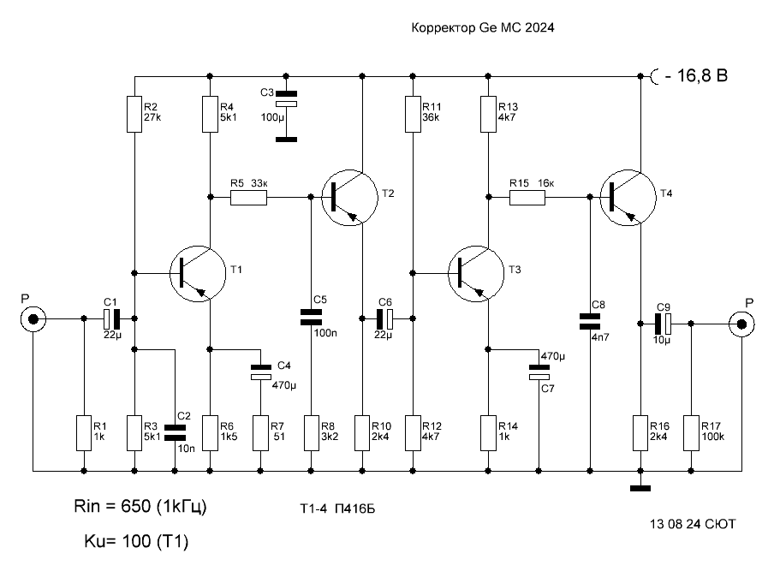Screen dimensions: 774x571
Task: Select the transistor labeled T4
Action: (x=628, y=198)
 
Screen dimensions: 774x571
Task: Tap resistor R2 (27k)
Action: (x=134, y=115)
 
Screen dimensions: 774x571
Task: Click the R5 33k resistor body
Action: (x=249, y=198)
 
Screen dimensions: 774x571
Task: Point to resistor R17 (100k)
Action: (x=691, y=433)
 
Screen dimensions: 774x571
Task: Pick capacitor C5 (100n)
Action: (x=311, y=318)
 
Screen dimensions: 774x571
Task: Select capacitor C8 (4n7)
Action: (x=589, y=321)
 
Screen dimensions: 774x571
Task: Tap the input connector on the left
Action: (x=33, y=319)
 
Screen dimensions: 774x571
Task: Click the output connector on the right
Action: (x=741, y=324)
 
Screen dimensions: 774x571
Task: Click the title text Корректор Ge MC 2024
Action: (x=482, y=27)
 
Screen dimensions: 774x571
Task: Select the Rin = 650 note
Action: (x=140, y=506)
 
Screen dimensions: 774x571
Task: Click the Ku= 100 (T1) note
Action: (x=136, y=541)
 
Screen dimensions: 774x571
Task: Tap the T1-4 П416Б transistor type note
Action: (x=337, y=509)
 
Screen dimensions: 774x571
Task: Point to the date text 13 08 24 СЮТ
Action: (x=693, y=524)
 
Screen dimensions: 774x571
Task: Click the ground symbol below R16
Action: (x=640, y=488)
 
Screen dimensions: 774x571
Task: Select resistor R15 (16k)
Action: (x=527, y=198)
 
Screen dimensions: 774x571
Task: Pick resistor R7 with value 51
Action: (x=260, y=433)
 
